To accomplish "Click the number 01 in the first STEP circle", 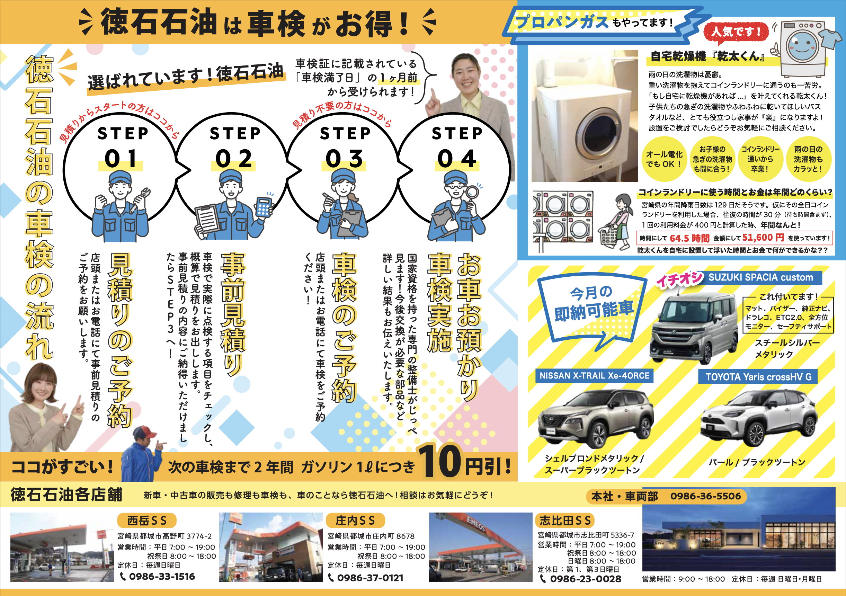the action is pos(121,159).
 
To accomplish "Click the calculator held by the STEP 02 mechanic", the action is pos(264,206).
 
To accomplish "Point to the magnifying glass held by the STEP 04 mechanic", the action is pos(472,192).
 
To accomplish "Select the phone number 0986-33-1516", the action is pos(162,577).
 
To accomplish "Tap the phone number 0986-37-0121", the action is pos(370,578).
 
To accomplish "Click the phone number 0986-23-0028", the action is pos(586,579).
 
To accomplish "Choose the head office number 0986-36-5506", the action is pos(705,496).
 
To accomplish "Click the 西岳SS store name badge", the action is pos(146,521).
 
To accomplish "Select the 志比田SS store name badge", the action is pos(565,521).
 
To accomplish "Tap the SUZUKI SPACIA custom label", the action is pos(760,277).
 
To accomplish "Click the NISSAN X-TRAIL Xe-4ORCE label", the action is pos(594,376).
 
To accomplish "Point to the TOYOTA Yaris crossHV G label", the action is pos(758,377).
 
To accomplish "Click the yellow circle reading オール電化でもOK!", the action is pos(664,159).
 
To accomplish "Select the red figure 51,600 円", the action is pos(763,238).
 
